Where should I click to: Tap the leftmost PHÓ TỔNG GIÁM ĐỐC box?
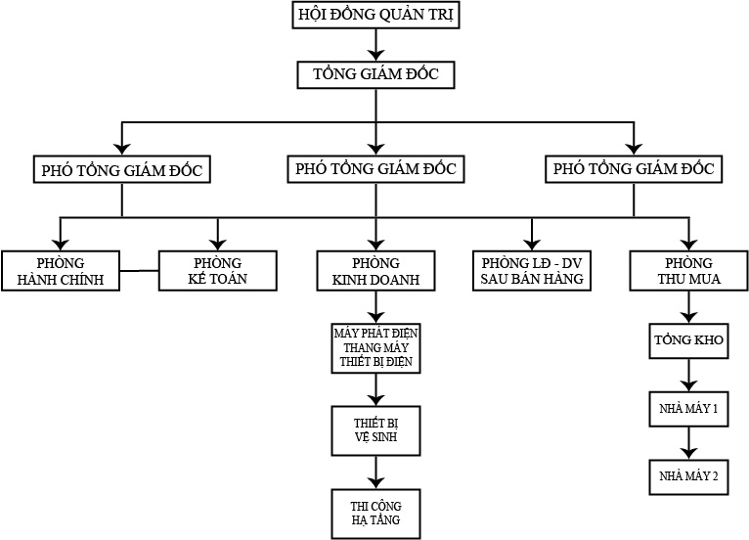(x=121, y=169)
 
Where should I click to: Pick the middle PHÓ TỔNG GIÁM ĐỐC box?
(x=375, y=168)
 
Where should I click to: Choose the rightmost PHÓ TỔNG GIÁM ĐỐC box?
(x=634, y=168)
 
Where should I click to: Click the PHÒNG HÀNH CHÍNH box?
(x=60, y=271)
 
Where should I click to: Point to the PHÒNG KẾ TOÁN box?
(x=218, y=271)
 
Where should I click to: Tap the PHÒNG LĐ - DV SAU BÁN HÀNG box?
(x=532, y=271)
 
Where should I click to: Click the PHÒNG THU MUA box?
(x=688, y=271)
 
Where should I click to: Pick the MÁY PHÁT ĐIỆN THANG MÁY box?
(x=375, y=347)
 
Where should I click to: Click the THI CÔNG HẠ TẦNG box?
(x=375, y=512)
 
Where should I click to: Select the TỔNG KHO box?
(x=688, y=342)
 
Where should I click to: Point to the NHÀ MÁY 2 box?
(x=688, y=475)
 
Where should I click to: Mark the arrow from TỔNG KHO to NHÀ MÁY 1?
(x=688, y=376)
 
